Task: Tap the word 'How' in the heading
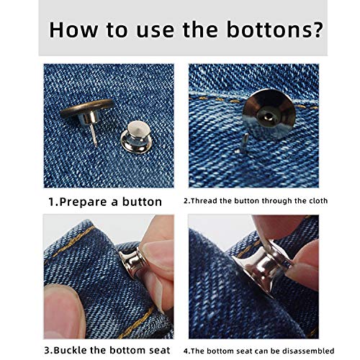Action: (x=75, y=31)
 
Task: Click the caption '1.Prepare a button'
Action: (x=106, y=201)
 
